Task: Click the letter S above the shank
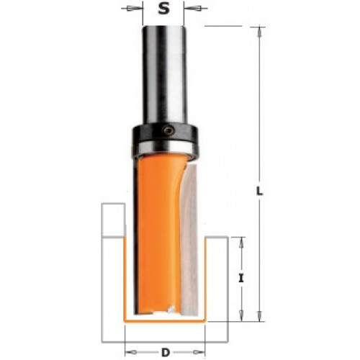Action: click(163, 9)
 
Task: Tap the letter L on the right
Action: click(259, 191)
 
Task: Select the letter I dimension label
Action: click(241, 279)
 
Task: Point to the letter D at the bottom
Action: click(166, 352)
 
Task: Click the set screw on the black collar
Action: click(168, 130)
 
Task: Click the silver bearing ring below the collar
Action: click(165, 147)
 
